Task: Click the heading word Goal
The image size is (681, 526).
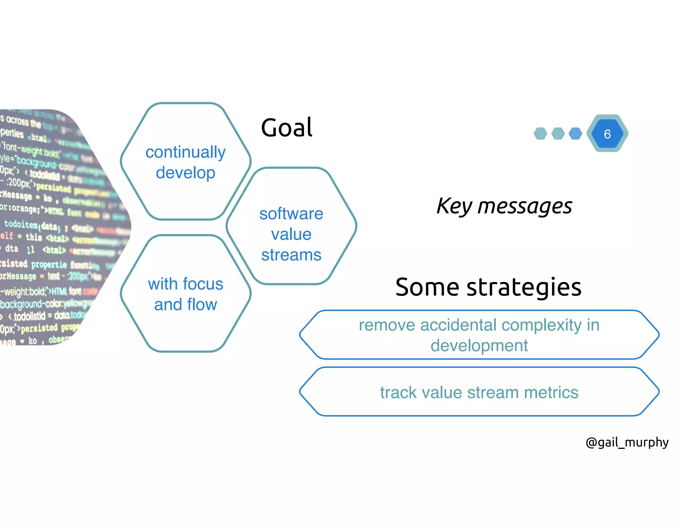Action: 287,128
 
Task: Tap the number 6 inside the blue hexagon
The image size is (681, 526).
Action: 607,134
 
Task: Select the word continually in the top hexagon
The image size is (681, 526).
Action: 186,152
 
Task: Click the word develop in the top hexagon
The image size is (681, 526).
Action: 186,173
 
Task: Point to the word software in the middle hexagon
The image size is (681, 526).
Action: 291,213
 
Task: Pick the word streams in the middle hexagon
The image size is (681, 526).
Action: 291,255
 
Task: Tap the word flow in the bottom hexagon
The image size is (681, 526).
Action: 202,305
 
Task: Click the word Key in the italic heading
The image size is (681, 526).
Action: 454,206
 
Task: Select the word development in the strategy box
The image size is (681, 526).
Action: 479,345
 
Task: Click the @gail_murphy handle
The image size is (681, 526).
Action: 627,443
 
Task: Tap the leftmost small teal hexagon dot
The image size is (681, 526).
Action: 540,134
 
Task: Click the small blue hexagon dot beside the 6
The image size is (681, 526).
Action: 575,134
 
